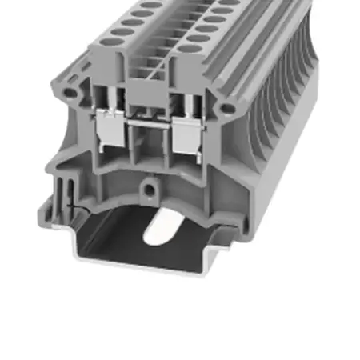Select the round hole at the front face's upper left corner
71,94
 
